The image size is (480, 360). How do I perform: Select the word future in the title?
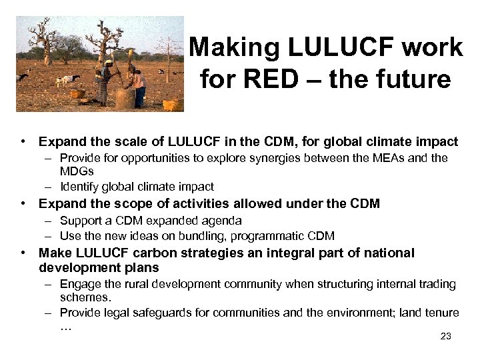pyautogui.click(x=415, y=79)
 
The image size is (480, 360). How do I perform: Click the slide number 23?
pyautogui.click(x=446, y=337)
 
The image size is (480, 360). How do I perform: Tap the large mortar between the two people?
pyautogui.click(x=124, y=97)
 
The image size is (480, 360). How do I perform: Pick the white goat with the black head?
pyautogui.click(x=67, y=81)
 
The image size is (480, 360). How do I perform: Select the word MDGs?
pyautogui.click(x=77, y=172)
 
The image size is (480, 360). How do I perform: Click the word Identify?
pyautogui.click(x=79, y=187)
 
